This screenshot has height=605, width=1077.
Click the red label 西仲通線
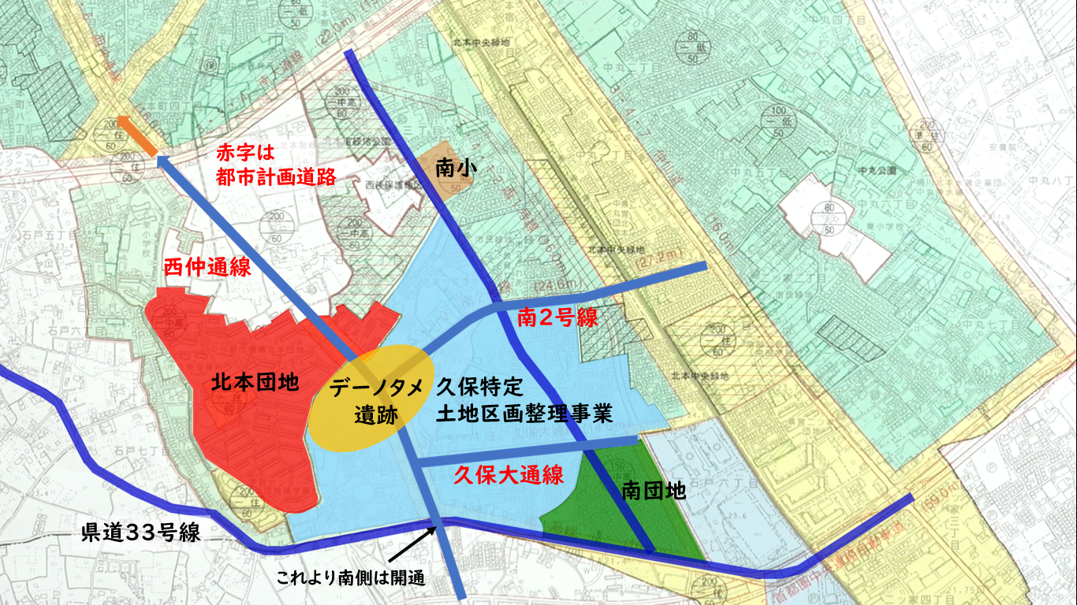tap(207, 267)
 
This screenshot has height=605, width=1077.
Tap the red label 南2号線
tap(557, 317)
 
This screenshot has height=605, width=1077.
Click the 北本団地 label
tap(255, 384)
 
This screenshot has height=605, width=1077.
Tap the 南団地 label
tap(654, 492)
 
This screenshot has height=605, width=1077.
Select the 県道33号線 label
tap(141, 533)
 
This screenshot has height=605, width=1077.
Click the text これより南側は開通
tap(351, 577)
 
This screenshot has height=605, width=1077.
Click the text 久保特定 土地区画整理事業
tap(524, 400)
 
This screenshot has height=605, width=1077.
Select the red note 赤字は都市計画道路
tap(276, 164)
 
